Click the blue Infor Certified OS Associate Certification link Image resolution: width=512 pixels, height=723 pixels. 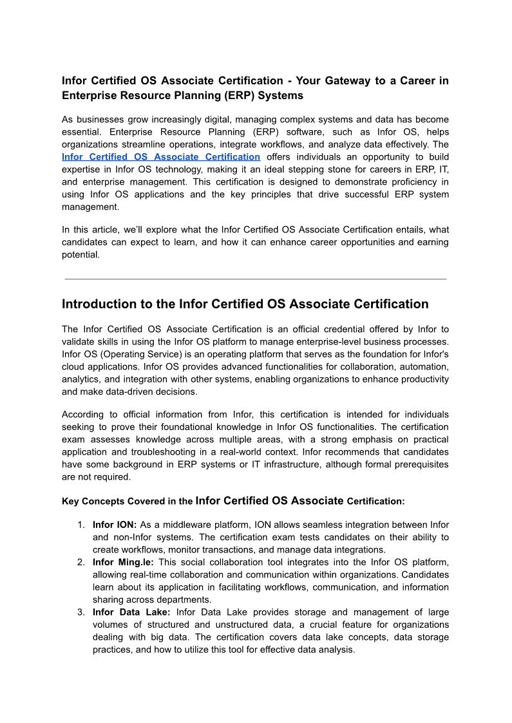(161, 156)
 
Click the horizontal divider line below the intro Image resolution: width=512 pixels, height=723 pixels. (256, 279)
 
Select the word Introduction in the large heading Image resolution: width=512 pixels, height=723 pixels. (99, 304)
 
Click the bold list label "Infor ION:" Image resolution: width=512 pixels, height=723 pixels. (115, 525)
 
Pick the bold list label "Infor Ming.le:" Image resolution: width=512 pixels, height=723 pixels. (123, 562)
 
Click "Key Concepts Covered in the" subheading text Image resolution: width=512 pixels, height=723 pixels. (127, 501)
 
